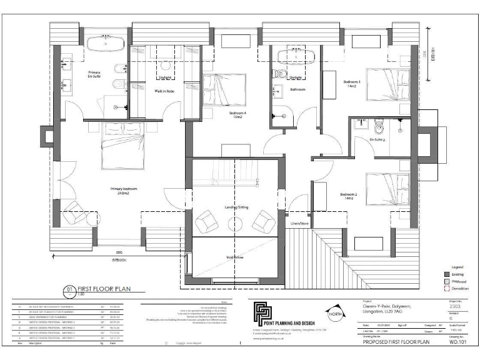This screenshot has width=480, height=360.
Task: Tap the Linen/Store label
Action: click(x=300, y=222)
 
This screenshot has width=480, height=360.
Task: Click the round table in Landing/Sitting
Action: click(x=236, y=224)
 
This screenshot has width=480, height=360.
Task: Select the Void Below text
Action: click(x=234, y=256)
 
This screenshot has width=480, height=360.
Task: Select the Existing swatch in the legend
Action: click(x=446, y=274)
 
